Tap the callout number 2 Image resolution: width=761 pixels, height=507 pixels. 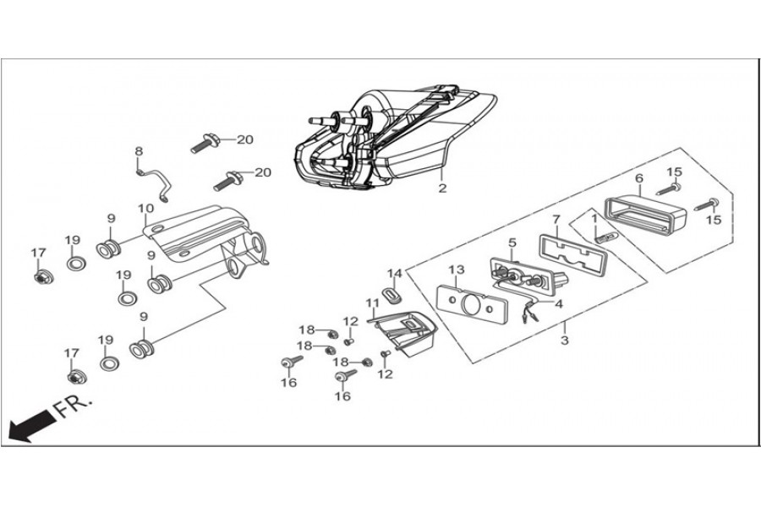441,188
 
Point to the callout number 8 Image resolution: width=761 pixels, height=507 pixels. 139,151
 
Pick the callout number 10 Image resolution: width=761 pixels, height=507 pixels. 145,208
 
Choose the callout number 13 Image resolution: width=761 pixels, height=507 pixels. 457,270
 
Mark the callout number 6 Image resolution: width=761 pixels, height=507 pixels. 639,178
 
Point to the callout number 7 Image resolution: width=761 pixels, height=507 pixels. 556,220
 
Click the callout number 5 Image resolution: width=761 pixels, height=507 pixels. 512,243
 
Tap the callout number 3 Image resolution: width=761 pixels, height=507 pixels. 565,341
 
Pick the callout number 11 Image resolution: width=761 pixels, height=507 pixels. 373,302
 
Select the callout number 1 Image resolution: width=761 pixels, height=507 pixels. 594,220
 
